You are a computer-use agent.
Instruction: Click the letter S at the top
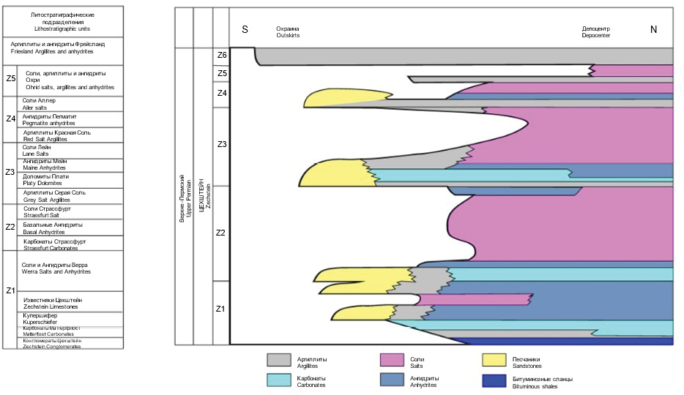pyautogui.click(x=245, y=29)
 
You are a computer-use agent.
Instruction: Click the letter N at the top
pyautogui.click(x=653, y=29)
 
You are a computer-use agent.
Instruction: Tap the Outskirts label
pyautogui.click(x=288, y=32)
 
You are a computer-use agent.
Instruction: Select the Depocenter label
pyautogui.click(x=595, y=32)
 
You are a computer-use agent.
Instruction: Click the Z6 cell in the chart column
pyautogui.click(x=221, y=56)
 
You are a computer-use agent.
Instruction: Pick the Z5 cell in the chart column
pyautogui.click(x=221, y=73)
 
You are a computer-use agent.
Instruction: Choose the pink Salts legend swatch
pyautogui.click(x=394, y=360)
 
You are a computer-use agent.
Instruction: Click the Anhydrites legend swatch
pyautogui.click(x=394, y=380)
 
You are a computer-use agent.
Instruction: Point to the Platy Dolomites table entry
pyautogui.click(x=46, y=179)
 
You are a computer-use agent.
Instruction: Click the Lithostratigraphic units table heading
pyautogui.click(x=63, y=20)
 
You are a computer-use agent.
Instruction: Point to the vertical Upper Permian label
pyautogui.click(x=185, y=197)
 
